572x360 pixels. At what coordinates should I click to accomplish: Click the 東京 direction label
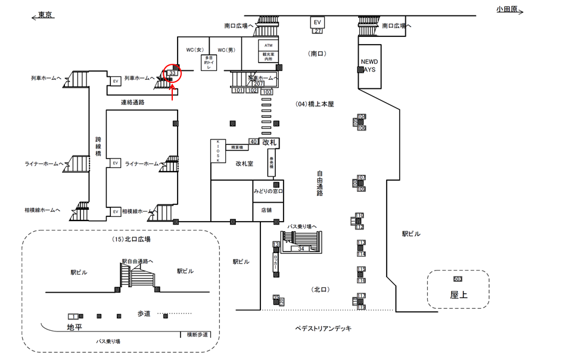click(45, 14)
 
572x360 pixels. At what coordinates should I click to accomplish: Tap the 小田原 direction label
click(508, 9)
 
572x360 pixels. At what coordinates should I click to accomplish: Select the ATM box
click(268, 46)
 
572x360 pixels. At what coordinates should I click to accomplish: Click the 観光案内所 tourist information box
click(268, 57)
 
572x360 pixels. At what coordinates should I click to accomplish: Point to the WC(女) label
click(195, 49)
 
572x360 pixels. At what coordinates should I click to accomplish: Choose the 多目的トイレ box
click(209, 63)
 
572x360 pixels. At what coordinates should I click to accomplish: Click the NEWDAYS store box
click(369, 66)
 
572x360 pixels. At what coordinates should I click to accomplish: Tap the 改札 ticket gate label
click(270, 142)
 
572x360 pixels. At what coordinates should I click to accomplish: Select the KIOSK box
click(218, 152)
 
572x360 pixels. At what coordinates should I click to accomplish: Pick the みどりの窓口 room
click(268, 191)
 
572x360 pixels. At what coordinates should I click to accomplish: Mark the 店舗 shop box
click(266, 210)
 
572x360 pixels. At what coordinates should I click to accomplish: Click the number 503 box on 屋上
click(458, 279)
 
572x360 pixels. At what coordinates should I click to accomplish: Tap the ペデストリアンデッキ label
click(324, 328)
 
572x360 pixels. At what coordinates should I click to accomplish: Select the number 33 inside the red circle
click(173, 73)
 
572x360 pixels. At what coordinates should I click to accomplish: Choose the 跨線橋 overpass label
click(98, 145)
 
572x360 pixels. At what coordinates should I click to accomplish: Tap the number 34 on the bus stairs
click(301, 249)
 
